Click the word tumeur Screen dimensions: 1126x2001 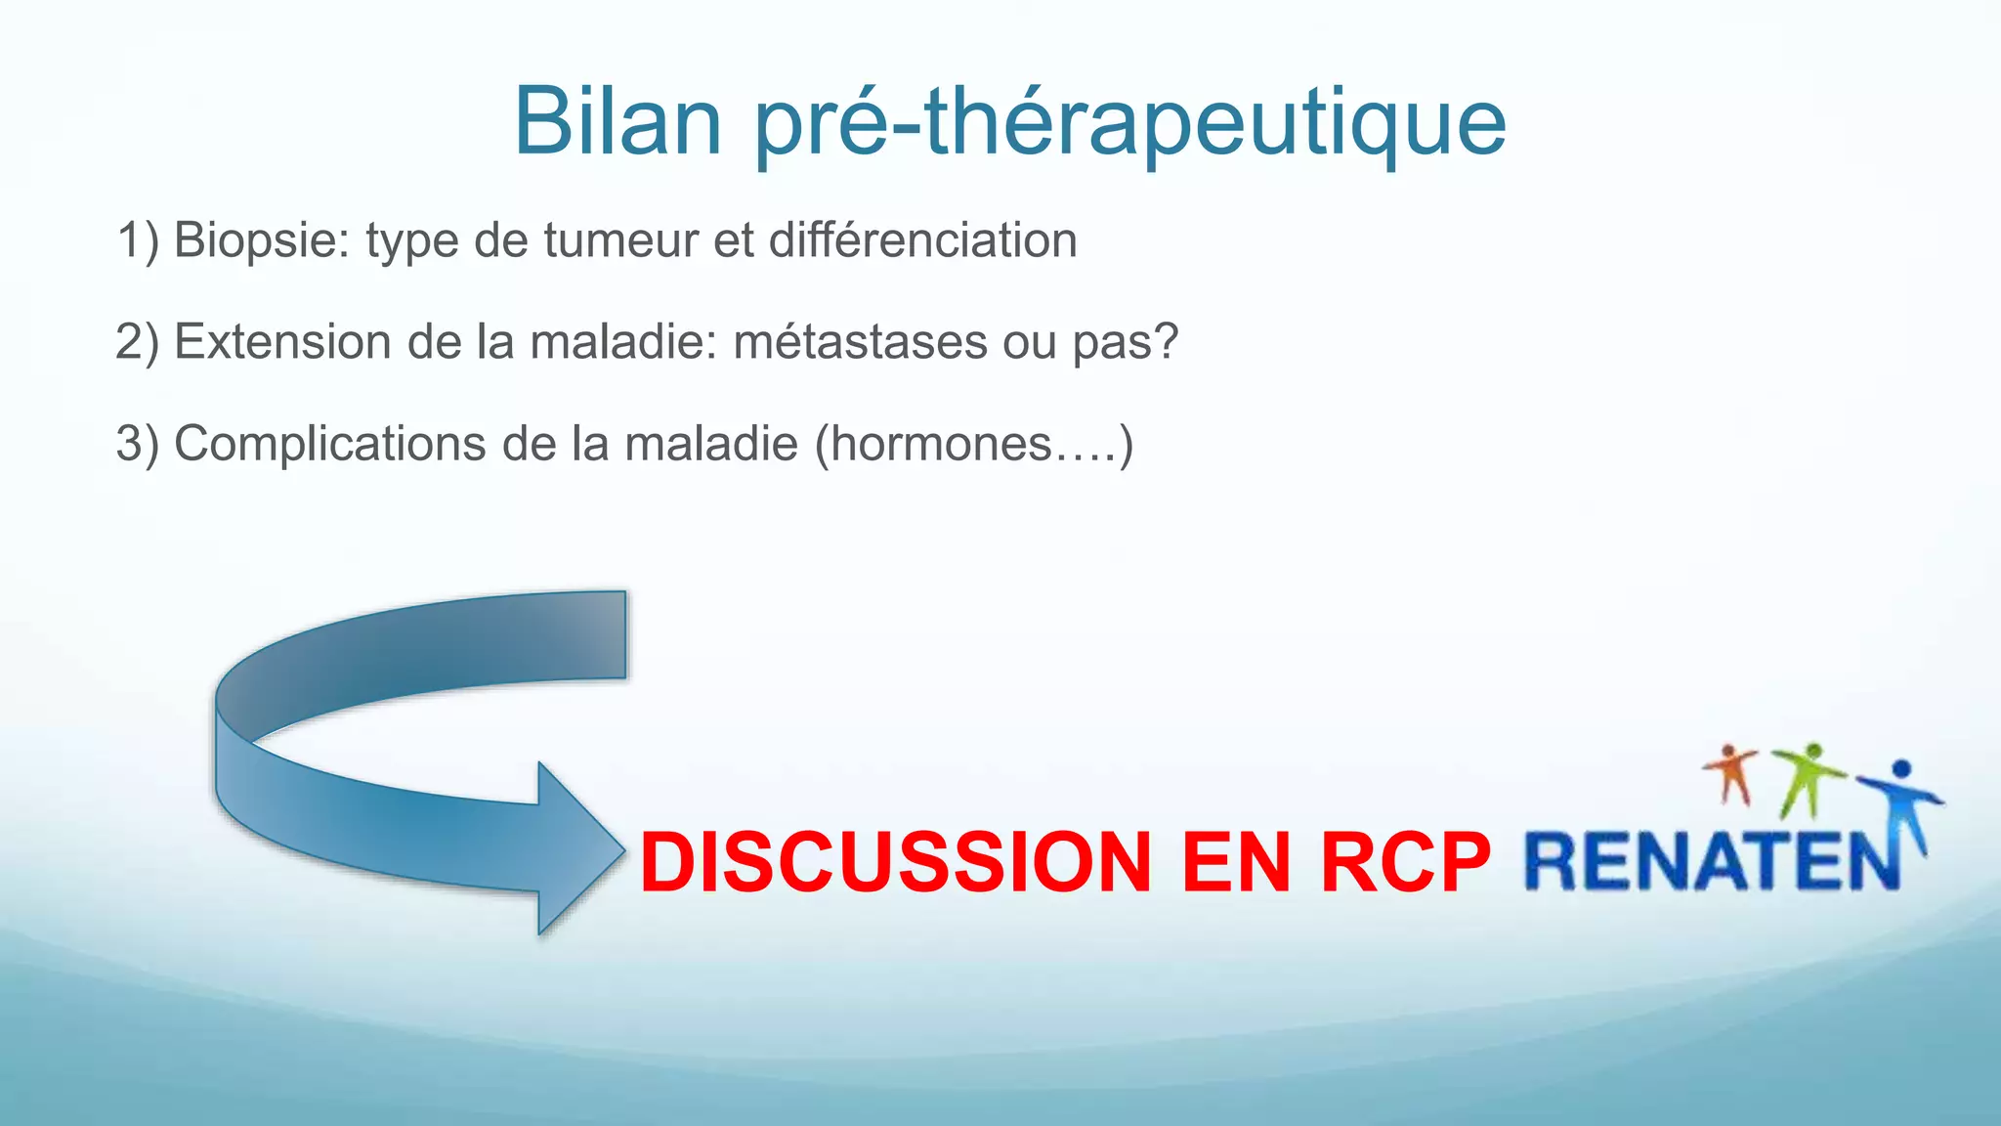tap(620, 240)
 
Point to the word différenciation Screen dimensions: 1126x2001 tap(922, 240)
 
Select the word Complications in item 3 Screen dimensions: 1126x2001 tap(329, 444)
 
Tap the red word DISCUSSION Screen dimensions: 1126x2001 tap(896, 862)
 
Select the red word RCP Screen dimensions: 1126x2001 tap(1405, 862)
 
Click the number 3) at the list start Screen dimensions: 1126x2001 tap(137, 444)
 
